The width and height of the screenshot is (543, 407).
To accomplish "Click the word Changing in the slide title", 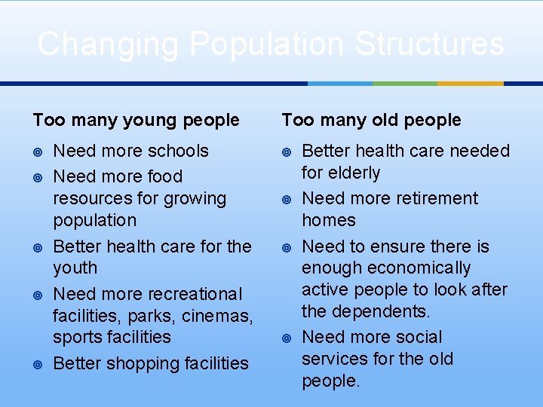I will (108, 44).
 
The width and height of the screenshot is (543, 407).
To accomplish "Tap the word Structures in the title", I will (429, 44).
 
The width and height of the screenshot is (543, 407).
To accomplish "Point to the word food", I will (165, 176).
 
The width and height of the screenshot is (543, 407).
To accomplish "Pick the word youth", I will (75, 268).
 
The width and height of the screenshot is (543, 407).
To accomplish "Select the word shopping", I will (143, 363).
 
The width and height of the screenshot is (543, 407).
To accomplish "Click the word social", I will (415, 337).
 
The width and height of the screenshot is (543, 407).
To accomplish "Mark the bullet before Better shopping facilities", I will (38, 364).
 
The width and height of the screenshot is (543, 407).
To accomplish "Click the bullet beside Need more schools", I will (38, 151).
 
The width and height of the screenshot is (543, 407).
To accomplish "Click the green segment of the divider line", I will (404, 83).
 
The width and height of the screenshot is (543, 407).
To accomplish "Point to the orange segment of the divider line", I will (470, 83).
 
